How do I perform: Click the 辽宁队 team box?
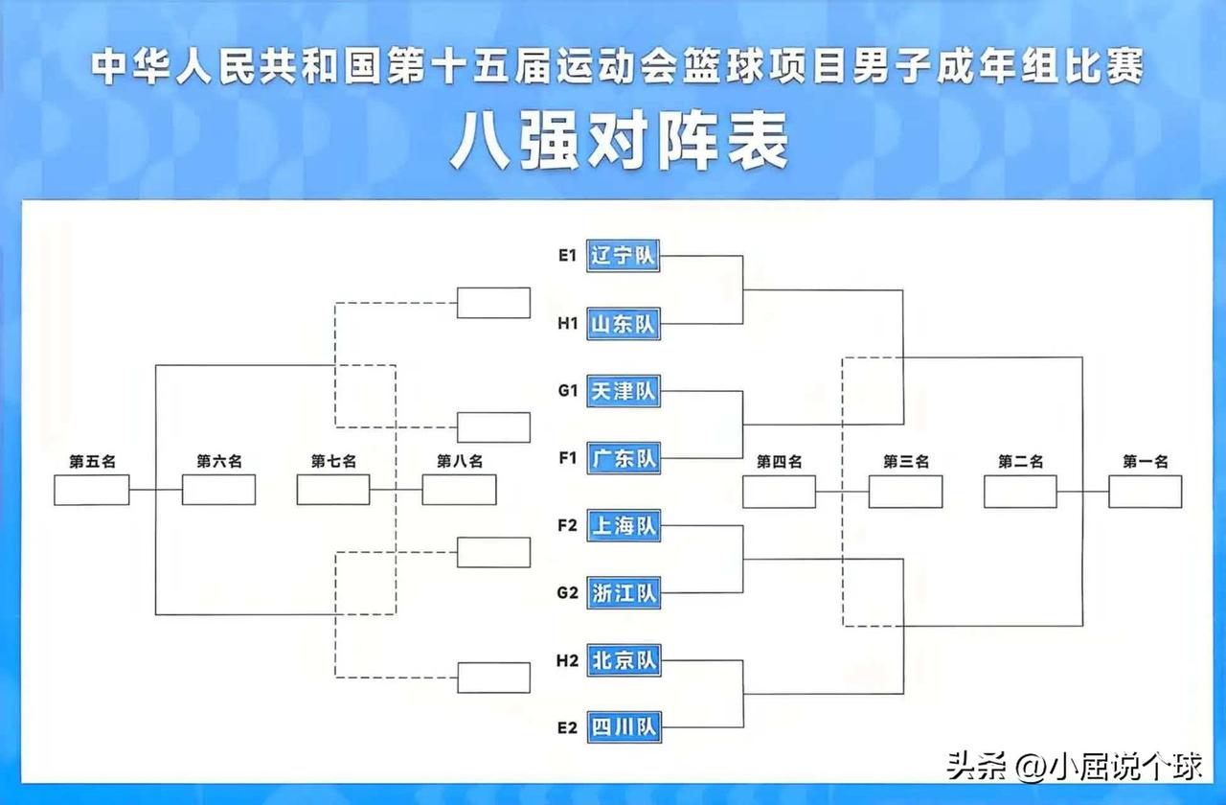pyautogui.click(x=623, y=256)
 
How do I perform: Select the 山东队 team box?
pyautogui.click(x=623, y=324)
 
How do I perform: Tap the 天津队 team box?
pyautogui.click(x=623, y=391)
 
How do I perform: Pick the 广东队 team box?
pyautogui.click(x=623, y=458)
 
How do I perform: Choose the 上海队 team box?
pyautogui.click(x=623, y=525)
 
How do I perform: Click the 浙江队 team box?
pyautogui.click(x=623, y=593)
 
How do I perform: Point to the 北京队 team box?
pyautogui.click(x=623, y=660)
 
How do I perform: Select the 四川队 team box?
pyautogui.click(x=623, y=727)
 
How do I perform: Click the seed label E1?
pyautogui.click(x=567, y=256)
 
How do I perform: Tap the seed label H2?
pyautogui.click(x=567, y=660)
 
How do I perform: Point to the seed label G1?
pyautogui.click(x=567, y=391)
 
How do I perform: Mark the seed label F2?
pyautogui.click(x=567, y=525)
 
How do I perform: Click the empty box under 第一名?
pyautogui.click(x=1145, y=491)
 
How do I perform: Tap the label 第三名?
pyautogui.click(x=905, y=462)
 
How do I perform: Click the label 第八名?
pyautogui.click(x=460, y=462)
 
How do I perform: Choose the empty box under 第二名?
pyautogui.click(x=1020, y=491)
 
